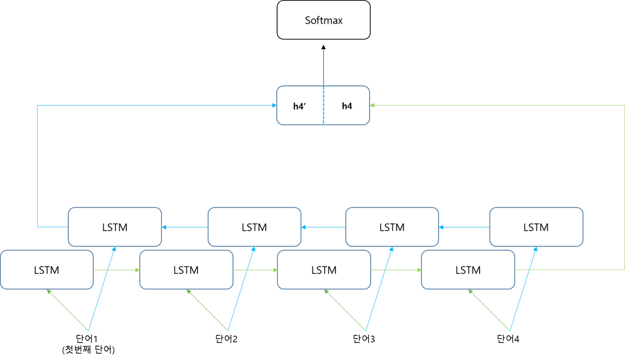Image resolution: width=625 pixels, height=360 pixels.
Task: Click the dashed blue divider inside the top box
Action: click(x=323, y=105)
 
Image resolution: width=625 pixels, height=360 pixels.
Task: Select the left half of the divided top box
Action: click(x=300, y=105)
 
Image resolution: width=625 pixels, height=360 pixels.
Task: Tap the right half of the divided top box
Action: click(x=347, y=105)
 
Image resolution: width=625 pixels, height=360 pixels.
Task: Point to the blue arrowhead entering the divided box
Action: click(x=274, y=105)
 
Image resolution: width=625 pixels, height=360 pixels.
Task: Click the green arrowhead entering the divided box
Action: click(x=373, y=105)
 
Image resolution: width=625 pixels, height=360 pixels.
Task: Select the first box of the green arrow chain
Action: click(x=47, y=269)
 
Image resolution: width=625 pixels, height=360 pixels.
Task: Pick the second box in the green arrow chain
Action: click(x=186, y=269)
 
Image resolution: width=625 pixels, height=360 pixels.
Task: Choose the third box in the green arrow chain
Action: click(x=324, y=269)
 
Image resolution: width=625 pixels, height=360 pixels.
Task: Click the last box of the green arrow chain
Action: click(x=468, y=269)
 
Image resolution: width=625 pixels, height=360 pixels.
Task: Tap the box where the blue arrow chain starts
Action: click(x=536, y=226)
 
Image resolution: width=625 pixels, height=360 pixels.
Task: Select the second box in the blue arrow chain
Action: click(x=392, y=226)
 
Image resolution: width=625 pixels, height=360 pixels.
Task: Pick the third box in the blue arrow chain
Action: click(x=254, y=226)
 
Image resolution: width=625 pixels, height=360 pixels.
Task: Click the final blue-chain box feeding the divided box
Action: click(x=115, y=226)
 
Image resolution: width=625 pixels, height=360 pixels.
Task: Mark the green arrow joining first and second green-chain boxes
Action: click(x=117, y=270)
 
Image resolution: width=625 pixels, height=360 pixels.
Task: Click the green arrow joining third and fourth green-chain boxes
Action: click(x=396, y=270)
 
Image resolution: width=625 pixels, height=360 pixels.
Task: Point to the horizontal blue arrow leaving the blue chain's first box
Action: click(x=464, y=227)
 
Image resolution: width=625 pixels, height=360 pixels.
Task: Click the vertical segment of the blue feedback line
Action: click(x=37, y=165)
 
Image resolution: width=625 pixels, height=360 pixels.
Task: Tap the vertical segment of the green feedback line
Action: click(x=624, y=188)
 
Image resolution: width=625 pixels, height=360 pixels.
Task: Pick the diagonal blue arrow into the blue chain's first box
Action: click(x=523, y=288)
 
